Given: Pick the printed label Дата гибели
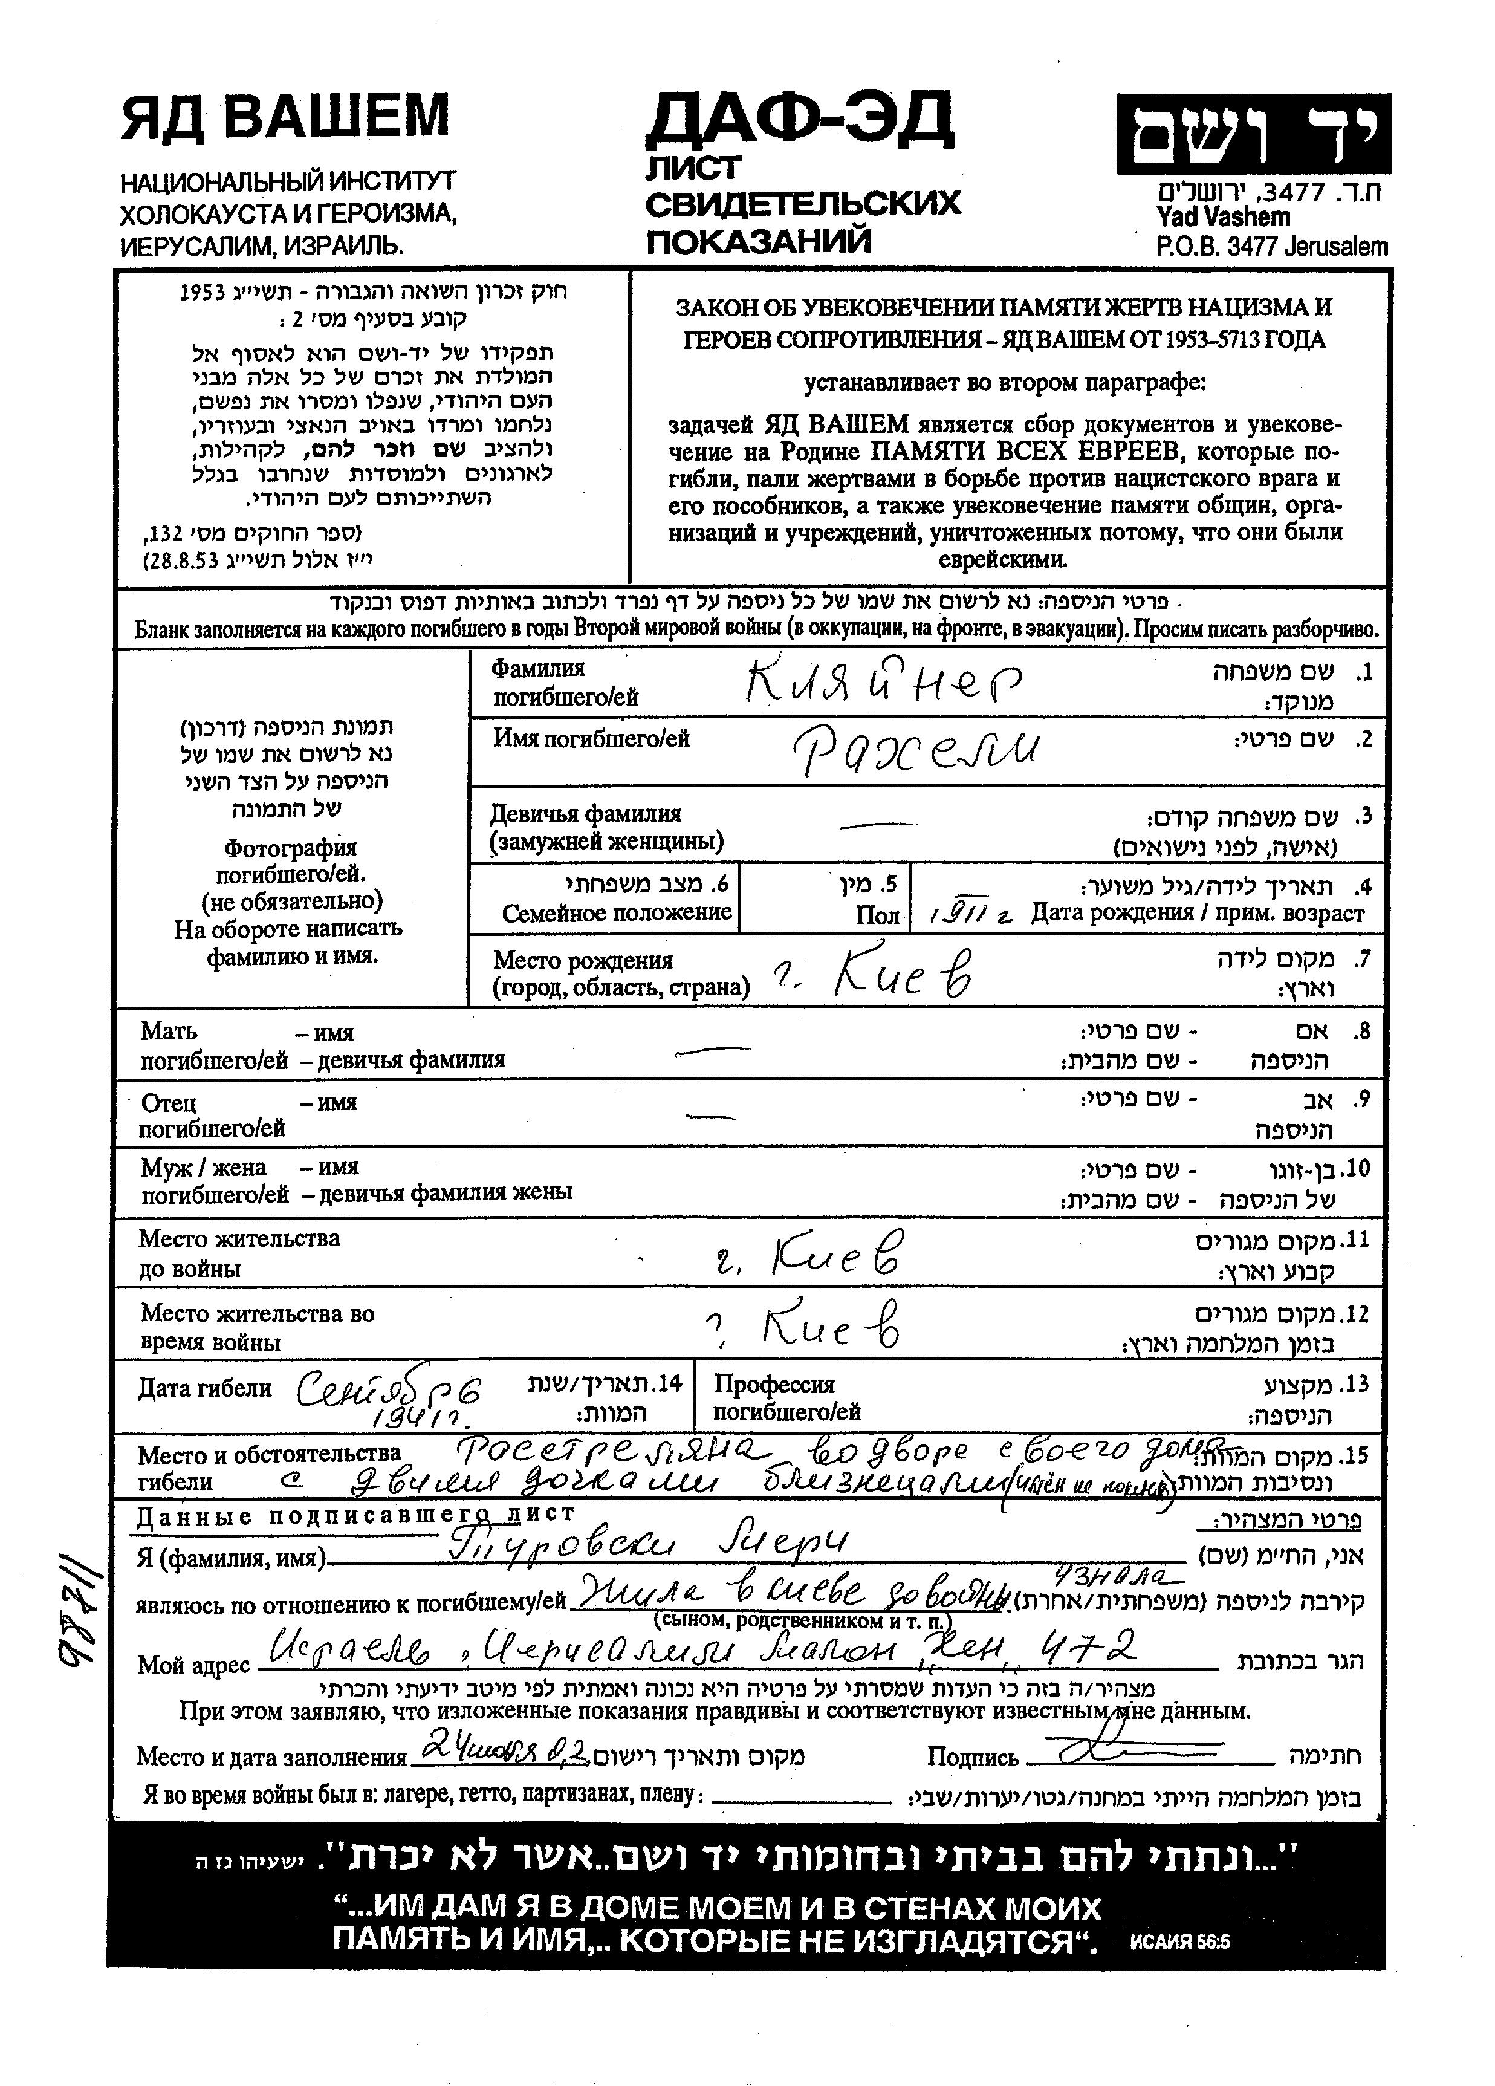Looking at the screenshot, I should coord(205,1388).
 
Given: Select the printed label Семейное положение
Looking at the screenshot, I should coord(616,914).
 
